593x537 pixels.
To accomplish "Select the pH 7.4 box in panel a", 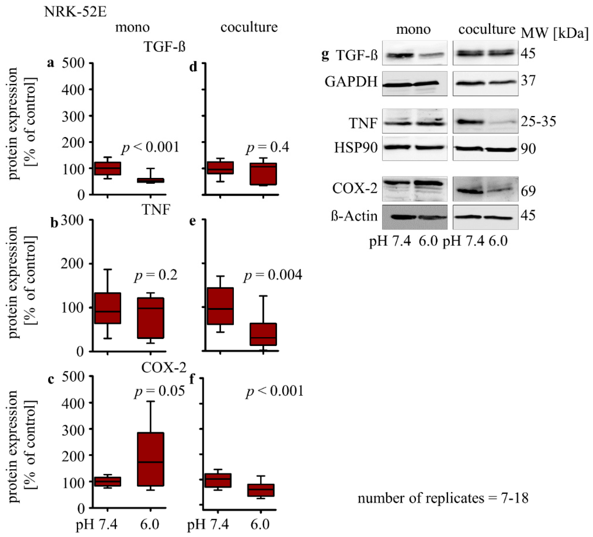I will click(x=107, y=168).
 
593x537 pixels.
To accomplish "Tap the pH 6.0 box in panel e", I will click(x=263, y=334).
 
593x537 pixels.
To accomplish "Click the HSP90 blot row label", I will click(x=356, y=148).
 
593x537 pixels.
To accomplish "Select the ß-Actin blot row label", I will click(x=354, y=216).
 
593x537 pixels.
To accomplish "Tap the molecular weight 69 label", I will click(x=528, y=191).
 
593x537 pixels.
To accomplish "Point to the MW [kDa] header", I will click(x=555, y=33).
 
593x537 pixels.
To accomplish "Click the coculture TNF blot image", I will click(x=485, y=121).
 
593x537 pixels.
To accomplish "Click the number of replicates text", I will click(x=443, y=498).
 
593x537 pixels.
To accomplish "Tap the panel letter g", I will click(x=325, y=55).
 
